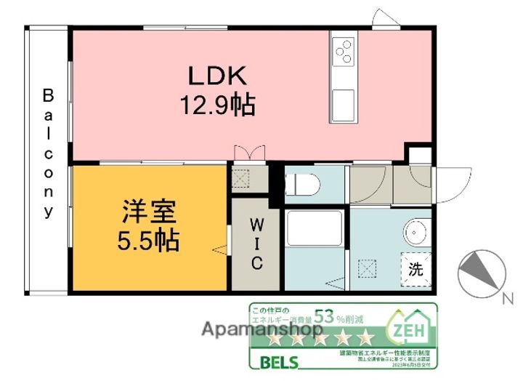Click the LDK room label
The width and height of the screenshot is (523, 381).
(218, 76)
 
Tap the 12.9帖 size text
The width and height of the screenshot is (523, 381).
(218, 107)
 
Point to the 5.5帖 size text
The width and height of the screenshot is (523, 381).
(149, 240)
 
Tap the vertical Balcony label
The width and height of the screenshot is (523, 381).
(49, 153)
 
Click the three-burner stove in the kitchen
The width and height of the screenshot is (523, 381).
(343, 50)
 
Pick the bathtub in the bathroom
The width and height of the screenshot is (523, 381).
(314, 228)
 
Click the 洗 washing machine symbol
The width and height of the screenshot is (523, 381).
(415, 269)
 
